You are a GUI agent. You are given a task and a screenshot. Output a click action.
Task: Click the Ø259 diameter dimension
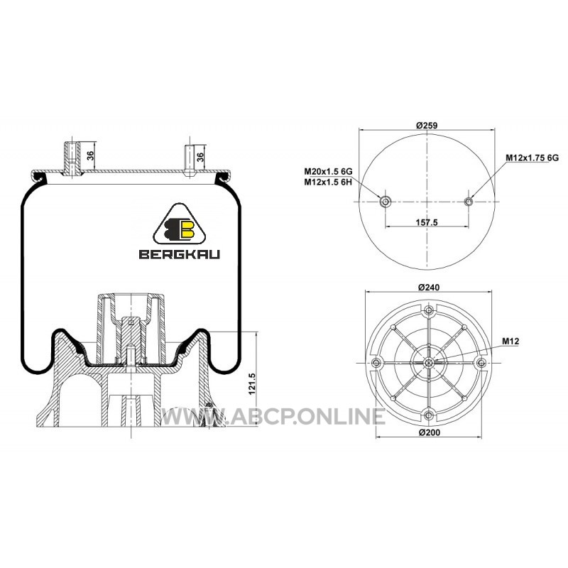pyautogui.click(x=427, y=126)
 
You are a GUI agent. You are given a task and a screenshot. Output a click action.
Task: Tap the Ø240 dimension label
pyautogui.click(x=429, y=288)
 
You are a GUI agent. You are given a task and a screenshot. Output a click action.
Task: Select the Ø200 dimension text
pyautogui.click(x=430, y=432)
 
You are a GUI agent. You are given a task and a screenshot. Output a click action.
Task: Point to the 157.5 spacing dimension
pyautogui.click(x=427, y=222)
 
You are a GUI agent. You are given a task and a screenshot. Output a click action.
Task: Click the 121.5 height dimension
pyautogui.click(x=253, y=384)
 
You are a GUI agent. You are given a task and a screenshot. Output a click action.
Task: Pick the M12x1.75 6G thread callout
pyautogui.click(x=532, y=158)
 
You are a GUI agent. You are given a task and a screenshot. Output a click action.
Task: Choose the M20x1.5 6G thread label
pyautogui.click(x=328, y=171)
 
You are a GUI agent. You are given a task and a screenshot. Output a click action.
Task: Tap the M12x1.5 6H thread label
pyautogui.click(x=328, y=182)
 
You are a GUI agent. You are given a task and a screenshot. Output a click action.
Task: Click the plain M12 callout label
pyautogui.click(x=510, y=341)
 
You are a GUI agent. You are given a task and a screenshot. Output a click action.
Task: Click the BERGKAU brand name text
pyautogui.click(x=180, y=254)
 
